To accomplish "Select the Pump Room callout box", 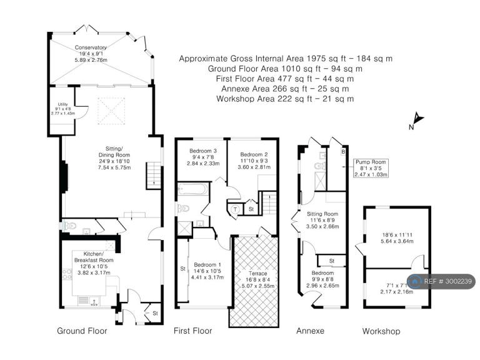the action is [371, 168].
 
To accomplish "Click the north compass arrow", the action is [418, 118].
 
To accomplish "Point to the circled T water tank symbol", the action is [236, 209].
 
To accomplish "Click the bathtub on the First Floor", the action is [193, 189].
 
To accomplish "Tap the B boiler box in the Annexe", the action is [343, 152].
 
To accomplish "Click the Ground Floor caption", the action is [82, 331].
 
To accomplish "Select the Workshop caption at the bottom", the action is [381, 331].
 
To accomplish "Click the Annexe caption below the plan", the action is [310, 331].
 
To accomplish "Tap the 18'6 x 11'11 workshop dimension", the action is [397, 235].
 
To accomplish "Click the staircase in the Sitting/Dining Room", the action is [154, 176].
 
